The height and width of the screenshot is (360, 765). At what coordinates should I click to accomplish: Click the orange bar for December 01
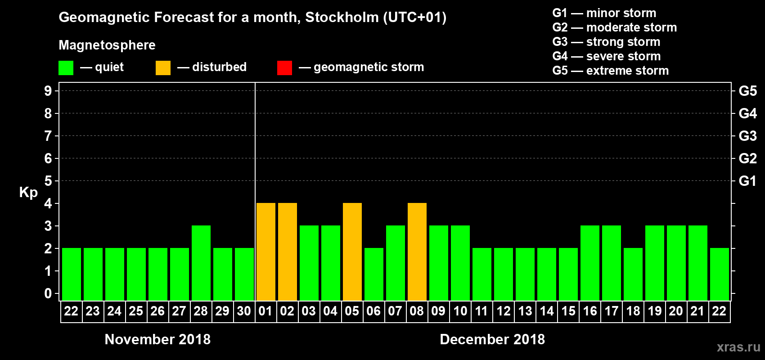(x=266, y=252)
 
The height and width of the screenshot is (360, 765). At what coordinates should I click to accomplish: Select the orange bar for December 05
(x=352, y=252)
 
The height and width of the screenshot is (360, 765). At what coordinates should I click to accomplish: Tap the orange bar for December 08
(x=417, y=252)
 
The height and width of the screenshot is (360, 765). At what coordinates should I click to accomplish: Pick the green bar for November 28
(x=201, y=263)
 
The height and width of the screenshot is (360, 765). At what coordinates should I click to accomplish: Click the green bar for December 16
(x=590, y=263)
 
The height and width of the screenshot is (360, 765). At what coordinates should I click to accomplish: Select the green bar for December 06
(x=374, y=274)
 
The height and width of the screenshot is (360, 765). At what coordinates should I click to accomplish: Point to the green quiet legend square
(x=66, y=68)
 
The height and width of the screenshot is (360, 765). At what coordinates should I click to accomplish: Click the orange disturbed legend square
(x=163, y=68)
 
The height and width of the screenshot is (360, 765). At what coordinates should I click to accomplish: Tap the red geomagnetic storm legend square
(x=284, y=68)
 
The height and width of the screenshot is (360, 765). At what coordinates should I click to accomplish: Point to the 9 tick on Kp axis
(x=48, y=91)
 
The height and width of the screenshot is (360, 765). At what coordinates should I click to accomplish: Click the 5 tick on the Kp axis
(x=48, y=181)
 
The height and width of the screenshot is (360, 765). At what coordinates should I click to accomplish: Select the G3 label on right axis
(x=747, y=136)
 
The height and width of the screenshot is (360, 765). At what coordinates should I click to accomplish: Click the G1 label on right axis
(x=747, y=181)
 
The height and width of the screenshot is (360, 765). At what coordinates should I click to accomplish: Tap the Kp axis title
(x=28, y=192)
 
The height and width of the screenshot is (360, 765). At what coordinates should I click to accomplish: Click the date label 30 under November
(x=244, y=311)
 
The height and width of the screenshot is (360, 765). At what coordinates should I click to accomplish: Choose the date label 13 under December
(x=525, y=311)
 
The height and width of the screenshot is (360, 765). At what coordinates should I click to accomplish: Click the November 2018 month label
(x=157, y=339)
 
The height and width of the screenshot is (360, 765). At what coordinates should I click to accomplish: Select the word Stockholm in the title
(x=342, y=17)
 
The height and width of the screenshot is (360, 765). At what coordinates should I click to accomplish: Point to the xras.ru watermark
(x=738, y=347)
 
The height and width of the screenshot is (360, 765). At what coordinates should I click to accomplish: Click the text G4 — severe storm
(x=607, y=56)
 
